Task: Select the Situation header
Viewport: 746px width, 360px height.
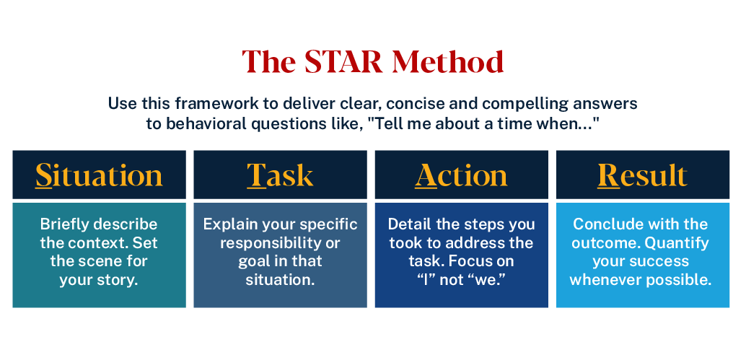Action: (x=99, y=175)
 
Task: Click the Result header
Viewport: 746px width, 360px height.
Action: (x=642, y=175)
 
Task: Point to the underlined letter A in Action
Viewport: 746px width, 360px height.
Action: (x=426, y=175)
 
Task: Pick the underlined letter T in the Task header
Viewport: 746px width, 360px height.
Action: (x=257, y=175)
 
